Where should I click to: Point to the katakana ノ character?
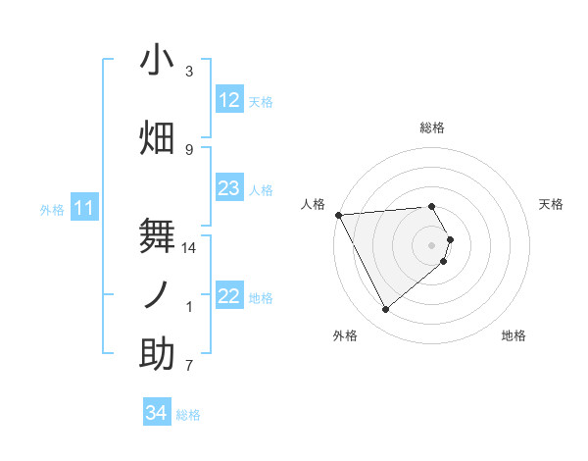(x=157, y=294)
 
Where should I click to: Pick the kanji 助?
(x=157, y=354)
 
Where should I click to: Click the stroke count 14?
(x=189, y=248)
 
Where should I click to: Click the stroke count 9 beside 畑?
(x=189, y=149)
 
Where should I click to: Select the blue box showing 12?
(x=228, y=100)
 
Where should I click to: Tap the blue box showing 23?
(x=228, y=188)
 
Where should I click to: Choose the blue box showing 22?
(x=228, y=296)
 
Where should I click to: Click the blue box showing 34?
(x=156, y=413)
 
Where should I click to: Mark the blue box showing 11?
(x=84, y=208)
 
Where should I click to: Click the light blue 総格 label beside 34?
(x=188, y=415)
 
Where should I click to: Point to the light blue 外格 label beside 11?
(x=52, y=209)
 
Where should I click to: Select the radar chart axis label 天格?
(x=551, y=204)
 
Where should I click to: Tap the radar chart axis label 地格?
(x=514, y=335)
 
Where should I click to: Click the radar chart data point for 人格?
(x=338, y=215)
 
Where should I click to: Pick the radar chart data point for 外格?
(x=385, y=310)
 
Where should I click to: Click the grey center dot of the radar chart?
(x=431, y=244)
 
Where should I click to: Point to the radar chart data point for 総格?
(x=431, y=207)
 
